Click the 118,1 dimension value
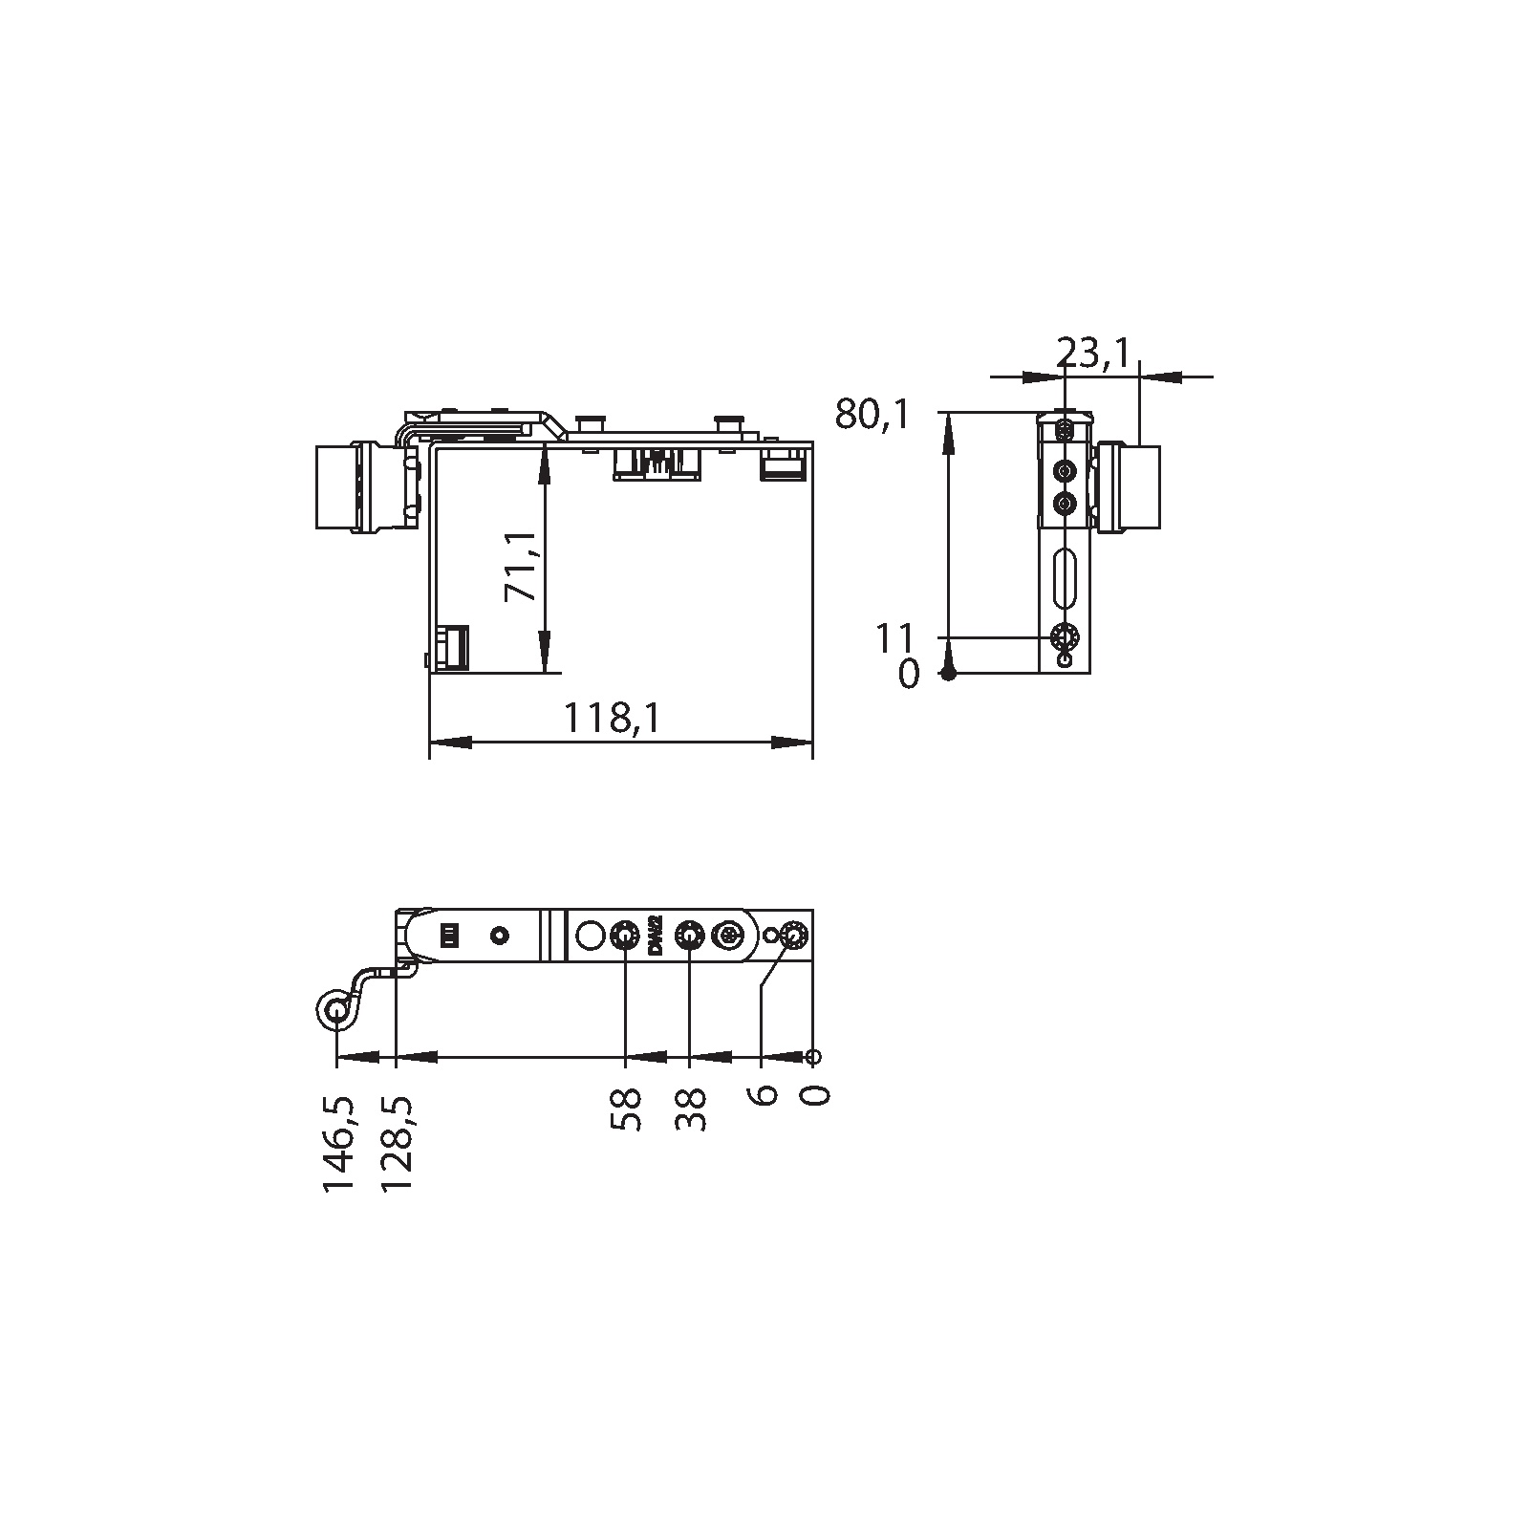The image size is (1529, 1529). click(x=612, y=718)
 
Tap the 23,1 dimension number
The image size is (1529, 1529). click(x=1093, y=355)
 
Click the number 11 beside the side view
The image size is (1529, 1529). click(x=895, y=637)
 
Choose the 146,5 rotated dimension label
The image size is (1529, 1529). click(x=338, y=1143)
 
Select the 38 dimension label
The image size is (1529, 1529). click(x=690, y=1109)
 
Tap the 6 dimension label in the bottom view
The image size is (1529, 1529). click(x=763, y=1095)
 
